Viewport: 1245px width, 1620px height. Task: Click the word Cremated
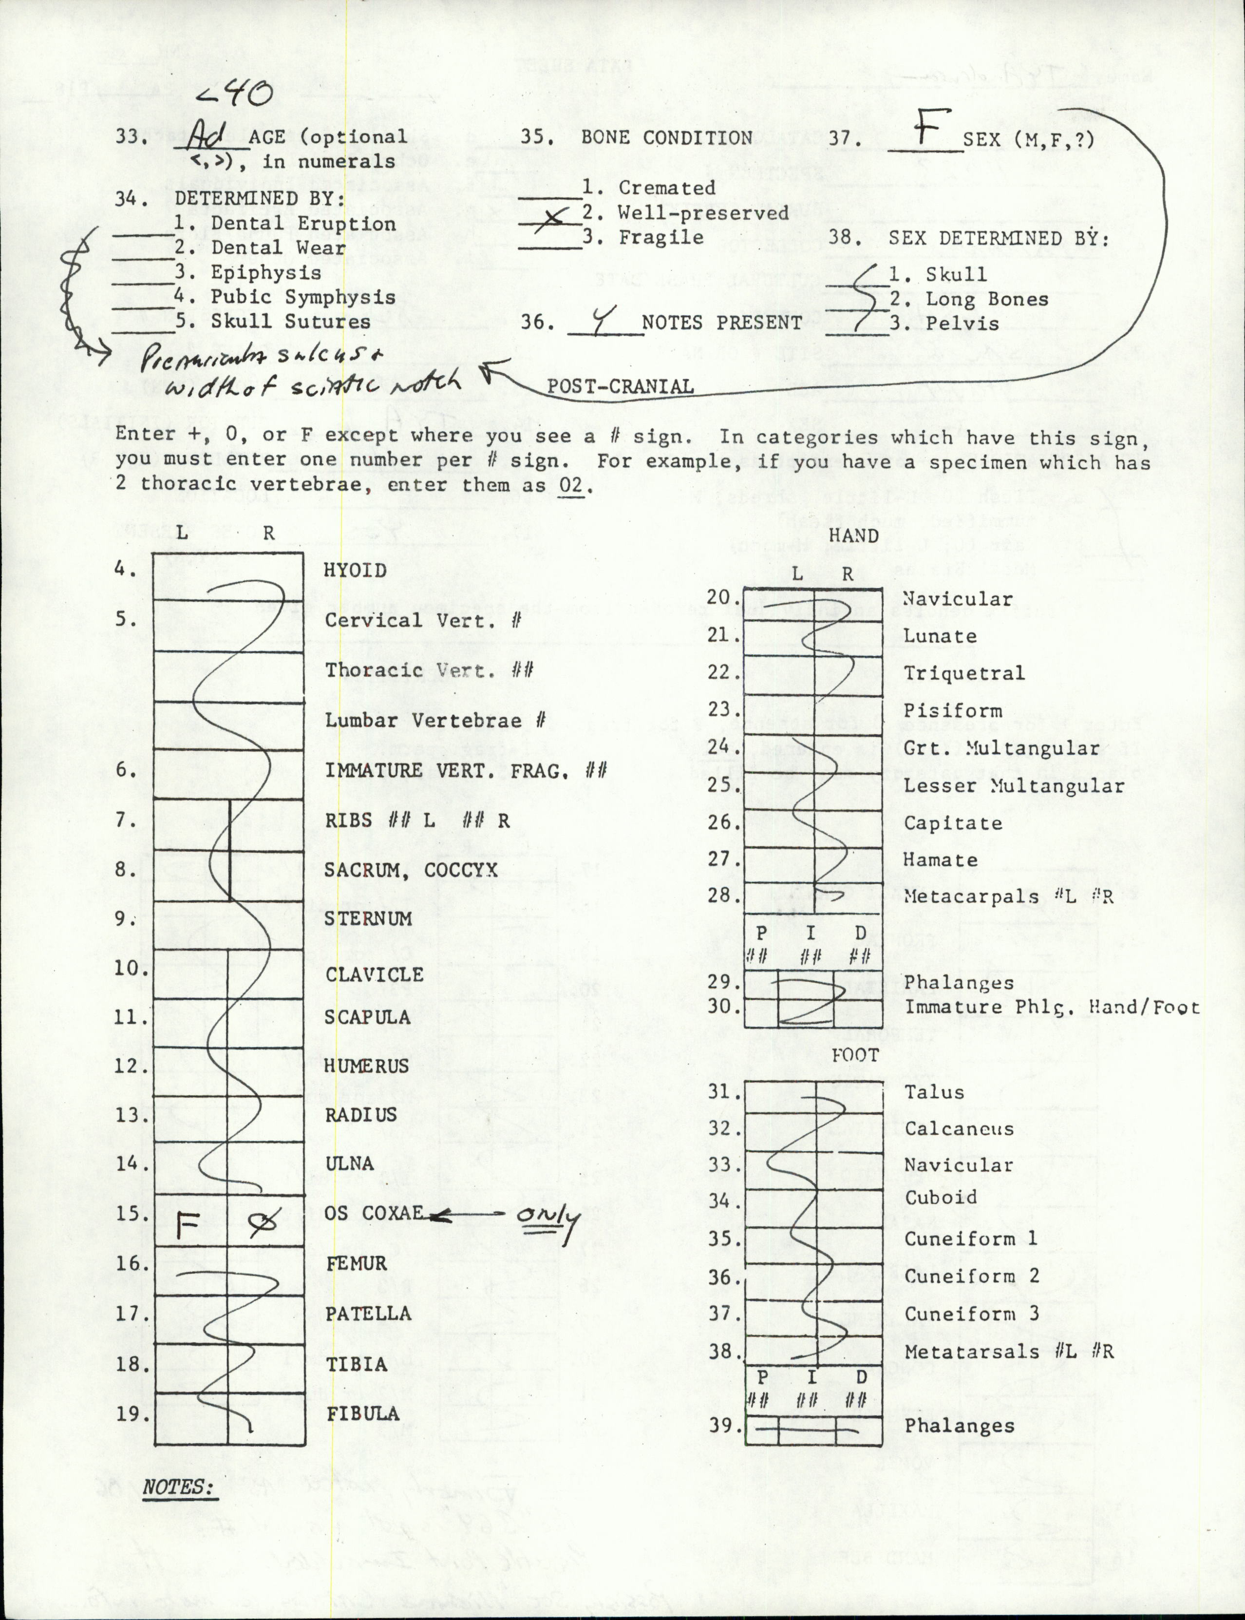point(667,188)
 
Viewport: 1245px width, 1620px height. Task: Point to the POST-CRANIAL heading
point(620,386)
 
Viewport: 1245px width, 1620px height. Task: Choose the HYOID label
point(356,571)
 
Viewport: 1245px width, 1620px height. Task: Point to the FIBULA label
point(363,1414)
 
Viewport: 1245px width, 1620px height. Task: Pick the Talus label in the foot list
point(934,1092)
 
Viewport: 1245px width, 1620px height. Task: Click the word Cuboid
point(941,1198)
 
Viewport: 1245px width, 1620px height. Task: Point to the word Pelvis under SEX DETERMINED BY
point(962,324)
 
